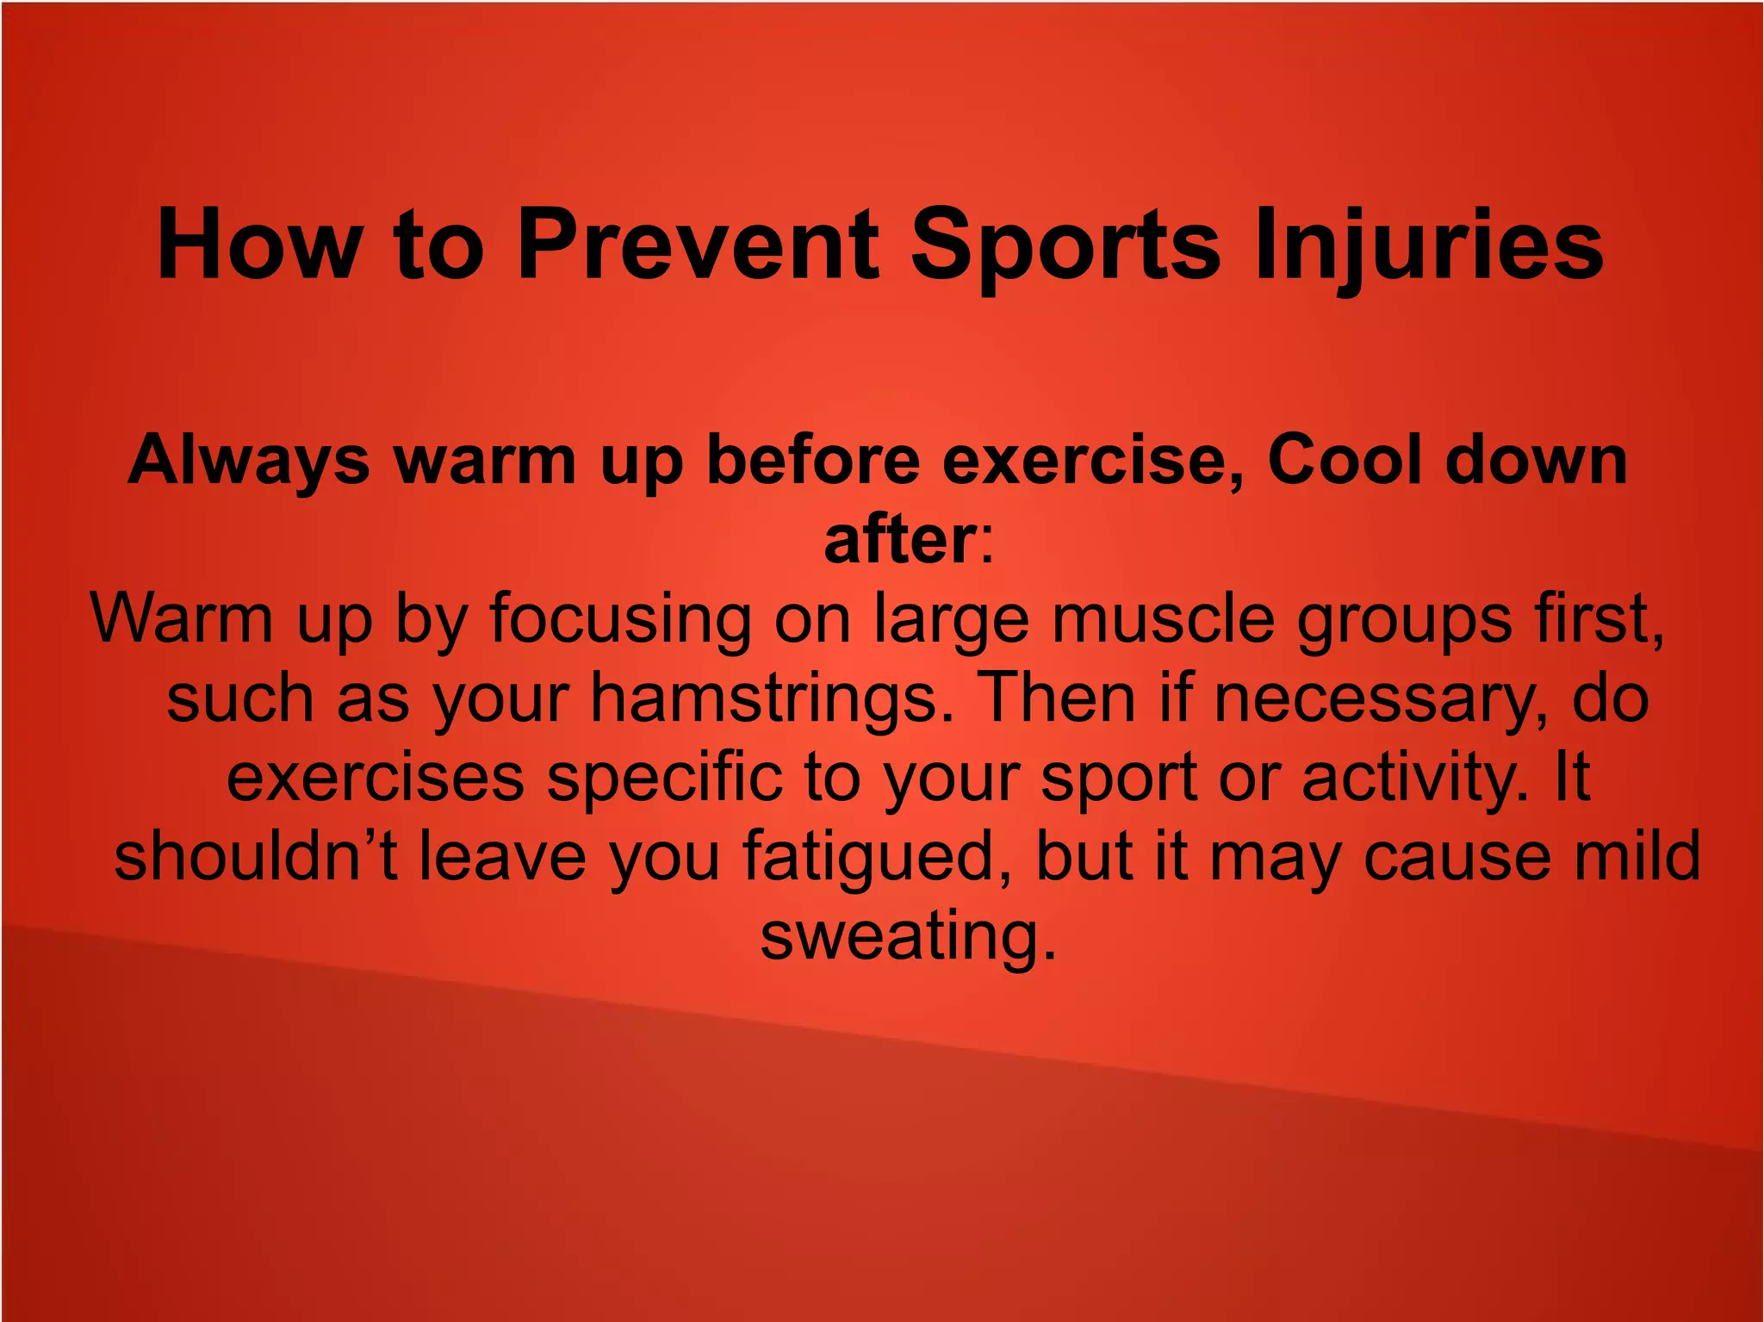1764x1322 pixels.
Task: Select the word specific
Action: (x=664, y=778)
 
